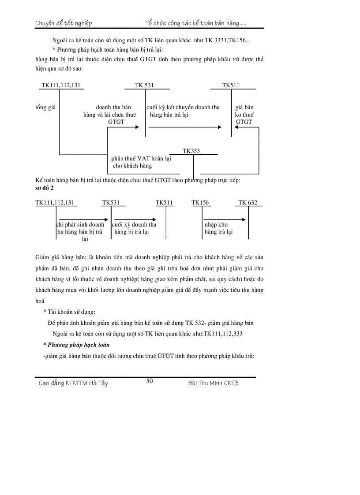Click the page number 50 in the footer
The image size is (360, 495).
coord(150,381)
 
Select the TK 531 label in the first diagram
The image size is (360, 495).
coord(145,85)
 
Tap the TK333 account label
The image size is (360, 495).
coord(191,151)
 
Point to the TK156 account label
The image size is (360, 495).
coord(200,203)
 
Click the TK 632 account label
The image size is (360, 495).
coord(247,203)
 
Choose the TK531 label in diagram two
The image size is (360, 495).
coord(111,203)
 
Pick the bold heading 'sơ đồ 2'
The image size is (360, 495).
coord(45,187)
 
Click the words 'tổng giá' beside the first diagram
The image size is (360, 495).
coord(45,107)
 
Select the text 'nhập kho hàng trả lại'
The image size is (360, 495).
coord(218,228)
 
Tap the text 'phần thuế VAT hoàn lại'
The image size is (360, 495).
coord(141,159)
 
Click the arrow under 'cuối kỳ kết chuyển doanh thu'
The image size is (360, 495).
coord(185,127)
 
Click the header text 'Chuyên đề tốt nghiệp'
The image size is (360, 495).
coord(64,23)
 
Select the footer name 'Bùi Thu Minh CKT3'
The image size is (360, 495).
coord(213,383)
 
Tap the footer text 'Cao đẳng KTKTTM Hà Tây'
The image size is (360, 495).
coord(74,383)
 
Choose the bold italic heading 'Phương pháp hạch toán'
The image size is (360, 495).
coord(79,345)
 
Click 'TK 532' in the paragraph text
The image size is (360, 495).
coord(196,323)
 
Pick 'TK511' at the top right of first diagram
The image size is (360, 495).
coord(231,85)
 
